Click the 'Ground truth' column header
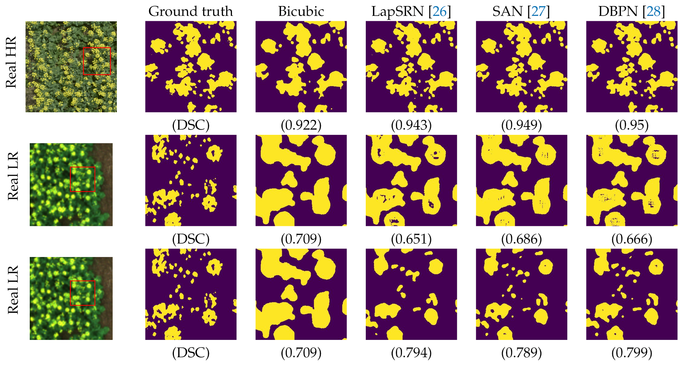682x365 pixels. (x=191, y=11)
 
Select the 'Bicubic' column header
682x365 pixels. (x=301, y=11)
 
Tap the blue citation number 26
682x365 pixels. (x=439, y=11)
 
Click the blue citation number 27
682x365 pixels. (x=538, y=11)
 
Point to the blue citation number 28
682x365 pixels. (x=654, y=11)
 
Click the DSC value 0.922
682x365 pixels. (x=301, y=125)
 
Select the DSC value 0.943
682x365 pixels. (x=411, y=125)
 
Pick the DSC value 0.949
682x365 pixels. (x=521, y=125)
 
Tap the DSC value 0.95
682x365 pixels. (x=632, y=125)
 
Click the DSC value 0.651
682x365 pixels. (x=411, y=239)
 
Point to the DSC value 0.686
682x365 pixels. (x=521, y=239)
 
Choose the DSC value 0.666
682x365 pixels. (x=632, y=239)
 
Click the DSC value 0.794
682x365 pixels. (x=411, y=353)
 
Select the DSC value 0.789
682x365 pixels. (x=521, y=353)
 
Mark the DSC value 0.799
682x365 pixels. (x=632, y=353)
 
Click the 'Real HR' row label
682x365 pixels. (x=11, y=62)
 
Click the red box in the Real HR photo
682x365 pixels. (x=97, y=48)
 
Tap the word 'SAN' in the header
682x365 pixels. (x=507, y=11)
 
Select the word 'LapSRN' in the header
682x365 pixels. (x=397, y=11)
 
